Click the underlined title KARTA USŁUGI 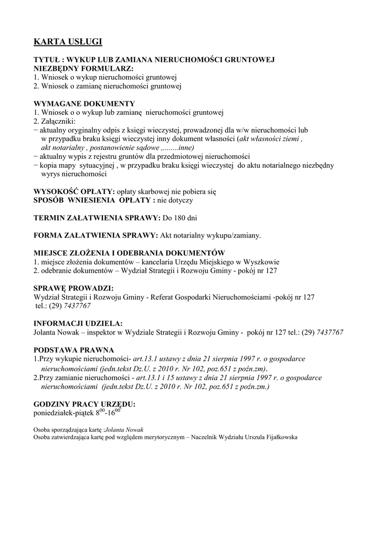click(68, 41)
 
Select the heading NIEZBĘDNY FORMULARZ click(83, 69)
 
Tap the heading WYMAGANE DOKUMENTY click(84, 103)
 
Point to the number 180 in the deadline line click(176, 218)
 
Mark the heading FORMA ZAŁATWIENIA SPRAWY click(95, 235)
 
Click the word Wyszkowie click(261, 262)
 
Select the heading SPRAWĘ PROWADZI click(73, 288)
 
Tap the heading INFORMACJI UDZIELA click(78, 324)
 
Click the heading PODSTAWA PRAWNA click(73, 350)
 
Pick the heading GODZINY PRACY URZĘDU click(84, 404)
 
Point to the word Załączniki click(58, 121)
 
